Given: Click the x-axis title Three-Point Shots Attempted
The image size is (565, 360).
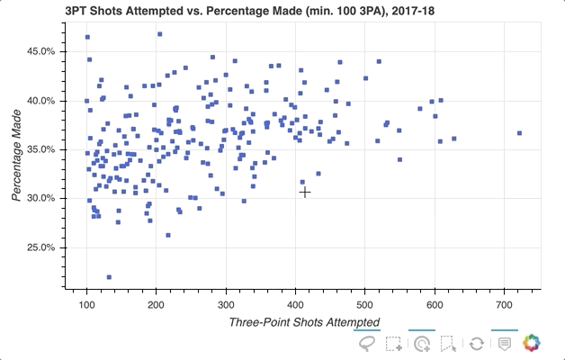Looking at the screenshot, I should coord(303,322).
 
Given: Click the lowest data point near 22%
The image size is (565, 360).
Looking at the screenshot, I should coord(109,277).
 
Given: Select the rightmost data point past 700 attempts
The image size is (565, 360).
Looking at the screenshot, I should coord(519,133).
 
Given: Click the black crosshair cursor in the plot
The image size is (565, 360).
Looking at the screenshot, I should coord(305,192).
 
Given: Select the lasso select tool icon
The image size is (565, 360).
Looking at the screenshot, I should coord(367,343).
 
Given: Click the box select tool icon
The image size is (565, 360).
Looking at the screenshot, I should coord(394,343).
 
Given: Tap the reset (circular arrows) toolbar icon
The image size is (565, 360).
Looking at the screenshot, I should coord(477,343).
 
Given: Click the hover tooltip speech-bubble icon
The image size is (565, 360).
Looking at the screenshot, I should coord(505,343).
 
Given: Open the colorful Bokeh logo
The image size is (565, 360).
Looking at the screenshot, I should coord(533,343).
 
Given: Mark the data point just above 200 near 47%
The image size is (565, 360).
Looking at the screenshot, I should coord(159,34).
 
